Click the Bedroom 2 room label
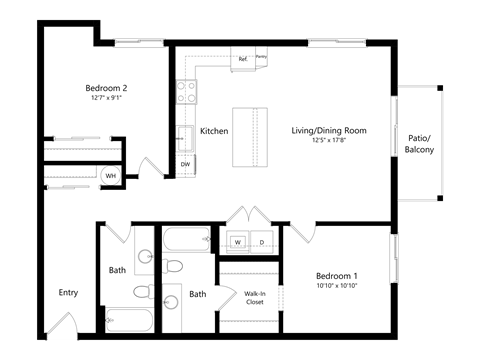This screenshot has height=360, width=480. pos(105,87)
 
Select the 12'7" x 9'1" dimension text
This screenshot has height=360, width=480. pos(105,98)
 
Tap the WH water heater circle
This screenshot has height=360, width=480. pos(111,175)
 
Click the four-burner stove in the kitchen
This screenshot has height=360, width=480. pos(187,92)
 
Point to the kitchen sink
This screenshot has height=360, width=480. pos(186,136)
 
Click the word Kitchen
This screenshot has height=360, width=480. pos(214,131)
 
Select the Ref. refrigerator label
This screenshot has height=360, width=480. pos(242,59)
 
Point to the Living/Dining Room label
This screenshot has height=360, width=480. pos(329,131)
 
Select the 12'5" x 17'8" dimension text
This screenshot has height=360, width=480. pos(329,142)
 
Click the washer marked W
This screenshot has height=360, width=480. pos(238,241)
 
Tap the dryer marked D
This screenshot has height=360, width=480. pos(262,241)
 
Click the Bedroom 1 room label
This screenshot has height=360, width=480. pos(337,275)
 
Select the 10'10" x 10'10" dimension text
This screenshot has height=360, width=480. pos(337,286)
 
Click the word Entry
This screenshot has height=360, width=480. pos(68,293)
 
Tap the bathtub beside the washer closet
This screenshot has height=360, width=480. pos(187,240)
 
